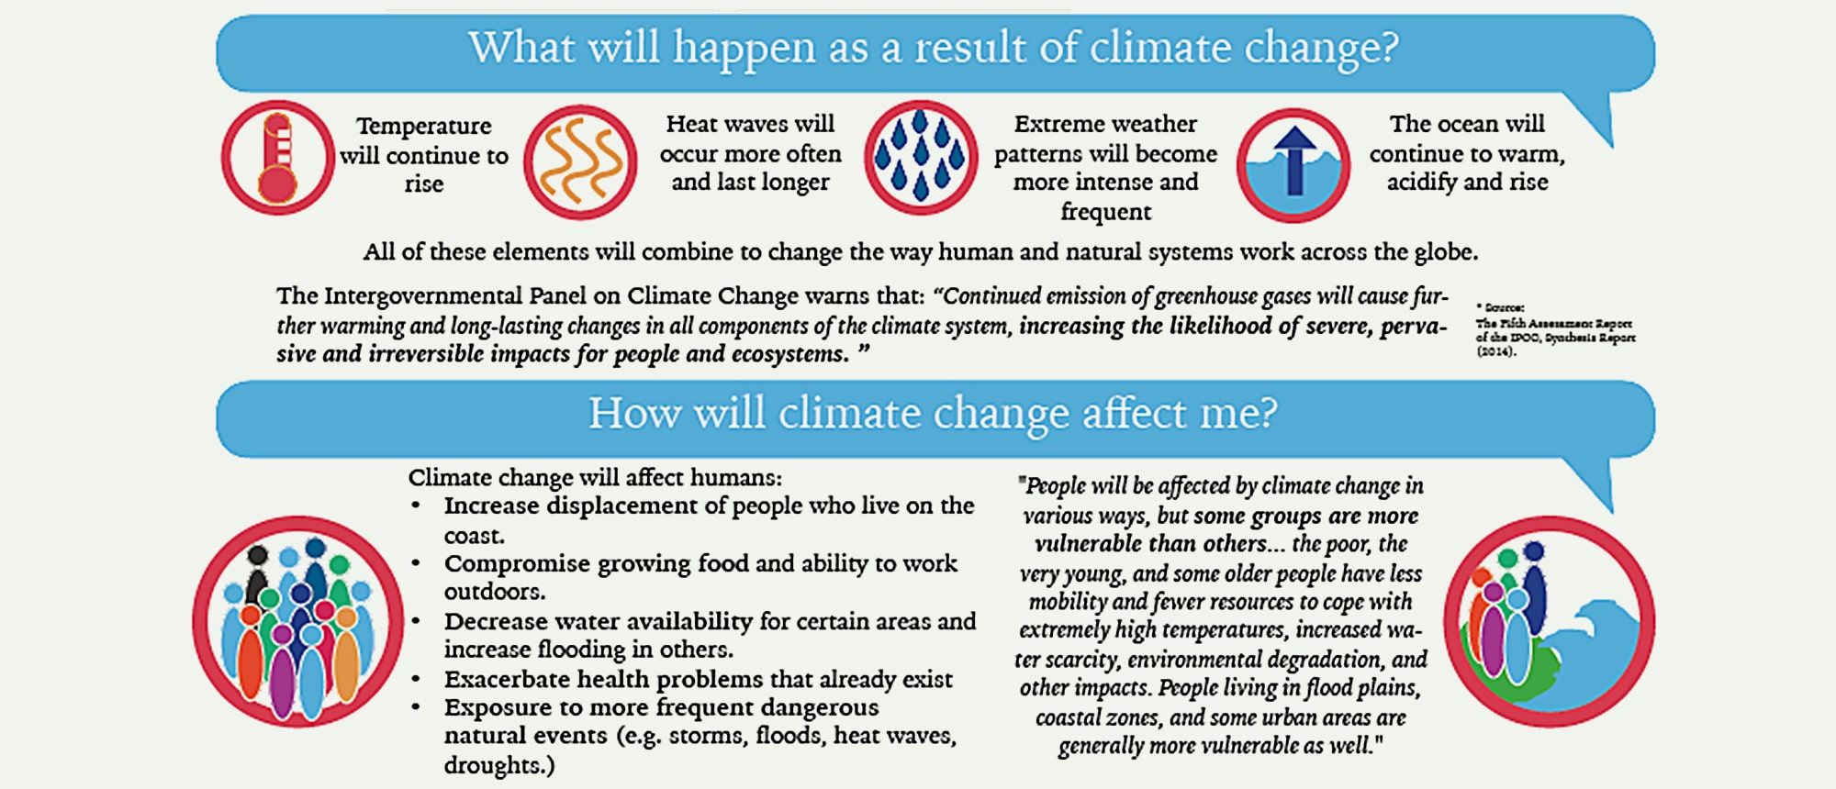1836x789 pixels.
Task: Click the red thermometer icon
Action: (x=277, y=158)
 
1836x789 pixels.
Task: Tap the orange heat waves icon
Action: (x=580, y=161)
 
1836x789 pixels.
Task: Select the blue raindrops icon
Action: (x=921, y=158)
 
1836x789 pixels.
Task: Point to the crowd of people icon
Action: (x=297, y=622)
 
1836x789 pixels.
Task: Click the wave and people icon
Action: (x=1550, y=622)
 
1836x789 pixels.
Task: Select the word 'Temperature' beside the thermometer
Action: (x=423, y=126)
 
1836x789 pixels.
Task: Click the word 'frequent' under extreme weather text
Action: (x=1105, y=212)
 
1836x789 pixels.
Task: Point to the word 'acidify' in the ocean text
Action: (x=1421, y=183)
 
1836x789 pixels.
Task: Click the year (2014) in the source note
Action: (x=1496, y=351)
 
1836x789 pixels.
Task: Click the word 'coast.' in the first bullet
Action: (x=475, y=536)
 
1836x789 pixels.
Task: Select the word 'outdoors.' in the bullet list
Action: (x=495, y=592)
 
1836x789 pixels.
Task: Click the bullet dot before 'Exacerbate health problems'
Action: (x=416, y=680)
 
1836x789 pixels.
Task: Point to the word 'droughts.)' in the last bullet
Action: (x=499, y=765)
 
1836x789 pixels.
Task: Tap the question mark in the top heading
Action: (x=1389, y=48)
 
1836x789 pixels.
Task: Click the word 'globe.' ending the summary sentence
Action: (x=1444, y=252)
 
